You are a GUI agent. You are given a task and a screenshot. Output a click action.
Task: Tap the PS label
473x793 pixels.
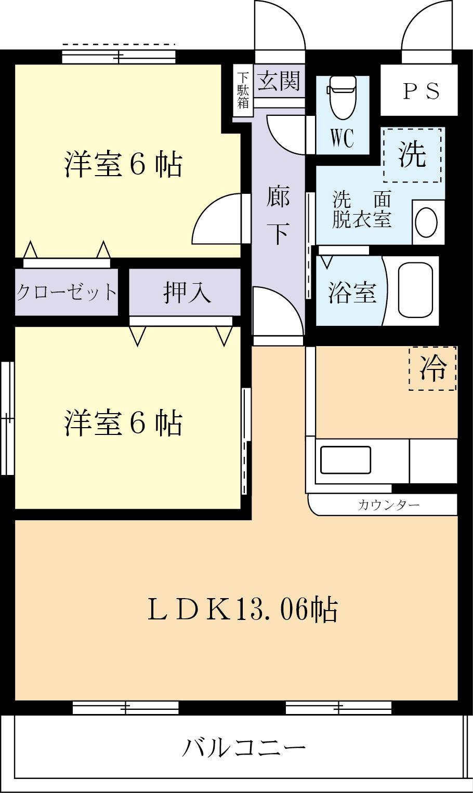(422, 91)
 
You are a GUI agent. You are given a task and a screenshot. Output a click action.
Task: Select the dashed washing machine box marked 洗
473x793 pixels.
(413, 155)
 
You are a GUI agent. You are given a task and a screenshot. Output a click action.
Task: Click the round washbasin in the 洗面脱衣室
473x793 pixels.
(427, 222)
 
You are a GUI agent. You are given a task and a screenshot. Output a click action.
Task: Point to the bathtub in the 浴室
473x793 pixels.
(416, 290)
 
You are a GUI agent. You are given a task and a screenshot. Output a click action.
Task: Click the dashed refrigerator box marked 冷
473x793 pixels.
(433, 368)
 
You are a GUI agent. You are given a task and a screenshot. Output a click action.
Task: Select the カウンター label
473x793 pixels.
(389, 505)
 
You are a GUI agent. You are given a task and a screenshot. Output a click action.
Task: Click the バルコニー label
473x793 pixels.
(243, 749)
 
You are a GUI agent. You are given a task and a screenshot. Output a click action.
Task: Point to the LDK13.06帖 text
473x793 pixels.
(243, 610)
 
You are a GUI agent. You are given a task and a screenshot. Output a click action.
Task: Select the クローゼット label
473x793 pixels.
(66, 292)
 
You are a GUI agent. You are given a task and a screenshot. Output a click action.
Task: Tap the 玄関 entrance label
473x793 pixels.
(279, 81)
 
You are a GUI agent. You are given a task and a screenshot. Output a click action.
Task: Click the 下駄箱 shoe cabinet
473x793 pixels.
(243, 90)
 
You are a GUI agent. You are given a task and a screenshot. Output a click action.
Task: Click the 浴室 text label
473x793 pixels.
(352, 293)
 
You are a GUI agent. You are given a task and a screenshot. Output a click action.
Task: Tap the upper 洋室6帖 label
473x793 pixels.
(123, 165)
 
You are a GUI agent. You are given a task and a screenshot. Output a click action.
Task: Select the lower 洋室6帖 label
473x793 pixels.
(123, 423)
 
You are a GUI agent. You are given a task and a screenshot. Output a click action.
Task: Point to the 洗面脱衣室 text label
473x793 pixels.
(362, 210)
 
